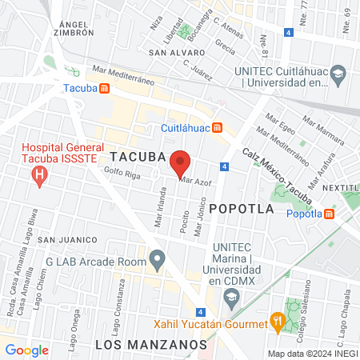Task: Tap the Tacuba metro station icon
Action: [105, 88]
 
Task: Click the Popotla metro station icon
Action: [330, 214]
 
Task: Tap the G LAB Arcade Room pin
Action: [157, 259]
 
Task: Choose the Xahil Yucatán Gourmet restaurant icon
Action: [277, 323]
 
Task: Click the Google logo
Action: [26, 350]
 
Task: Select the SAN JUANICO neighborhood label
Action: [67, 239]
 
